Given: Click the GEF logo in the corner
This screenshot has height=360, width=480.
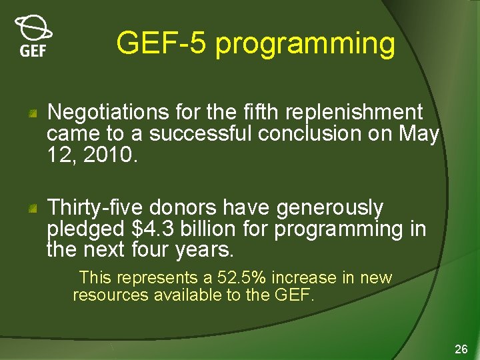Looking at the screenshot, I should [33, 36].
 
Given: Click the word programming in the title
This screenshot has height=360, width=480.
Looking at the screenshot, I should [306, 44].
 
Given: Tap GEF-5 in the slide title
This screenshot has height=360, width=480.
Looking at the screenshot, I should [162, 44].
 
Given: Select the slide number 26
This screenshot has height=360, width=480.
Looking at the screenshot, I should [461, 349].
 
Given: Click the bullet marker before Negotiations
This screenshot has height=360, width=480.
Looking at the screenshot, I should [32, 114].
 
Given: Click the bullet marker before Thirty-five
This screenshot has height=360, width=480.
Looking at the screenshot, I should [32, 210].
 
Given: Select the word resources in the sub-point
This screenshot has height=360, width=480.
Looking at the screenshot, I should [110, 295].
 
